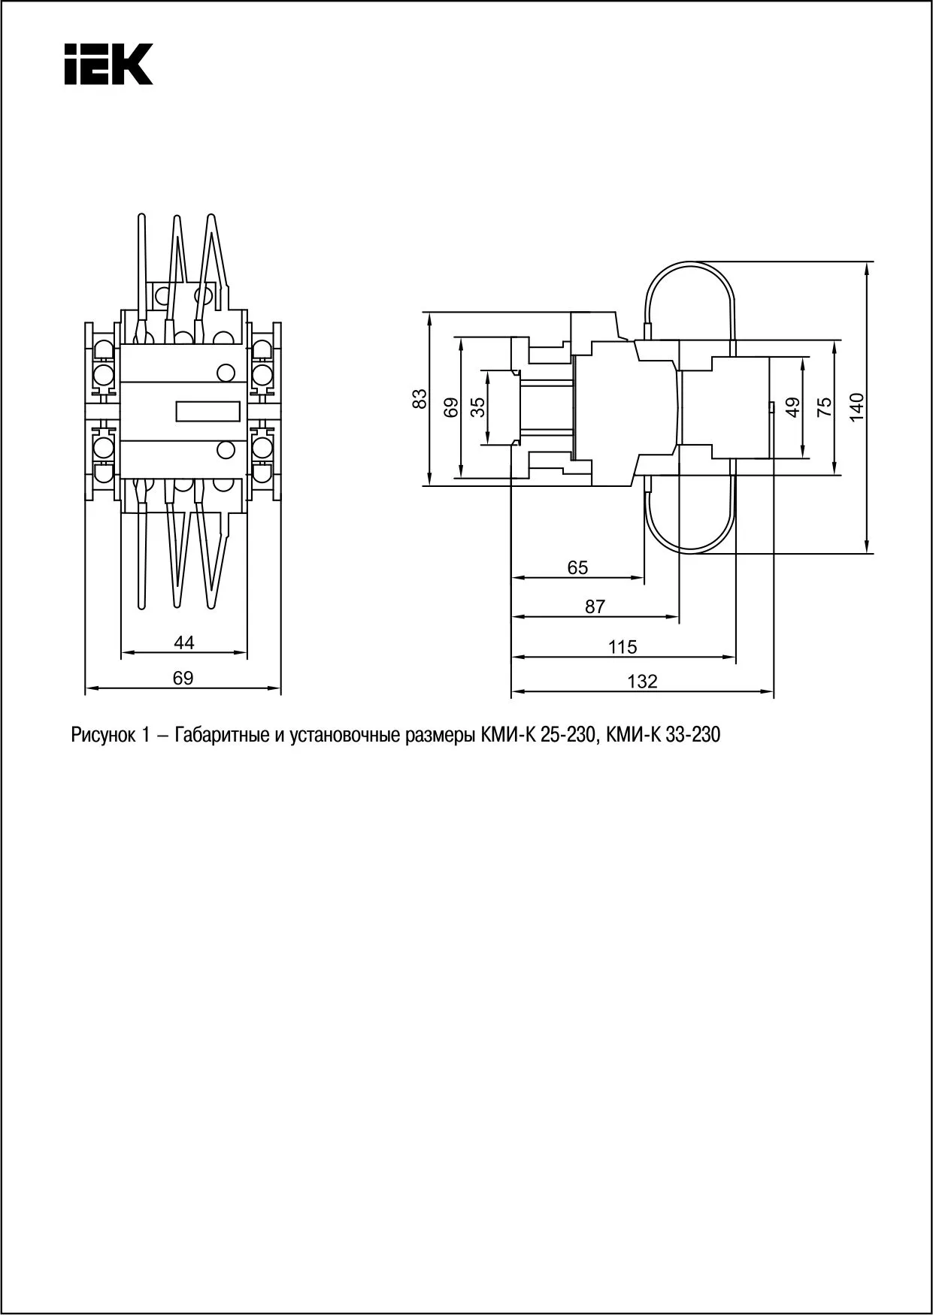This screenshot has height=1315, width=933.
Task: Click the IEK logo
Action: [x=108, y=64]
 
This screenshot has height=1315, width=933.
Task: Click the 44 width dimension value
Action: [x=184, y=642]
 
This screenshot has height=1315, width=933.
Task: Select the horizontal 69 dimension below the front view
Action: [x=183, y=678]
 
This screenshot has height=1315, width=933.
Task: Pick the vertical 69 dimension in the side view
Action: [x=451, y=407]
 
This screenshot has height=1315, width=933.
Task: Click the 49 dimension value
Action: [x=792, y=407]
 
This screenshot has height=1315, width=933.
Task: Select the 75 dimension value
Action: [x=825, y=407]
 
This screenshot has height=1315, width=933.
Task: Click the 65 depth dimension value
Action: [x=577, y=568]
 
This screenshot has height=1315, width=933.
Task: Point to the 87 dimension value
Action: [x=595, y=606]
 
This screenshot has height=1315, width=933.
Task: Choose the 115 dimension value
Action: [x=623, y=647]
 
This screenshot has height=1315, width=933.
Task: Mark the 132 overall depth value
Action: [x=642, y=682]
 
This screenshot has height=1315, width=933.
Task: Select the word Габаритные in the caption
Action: [x=220, y=735]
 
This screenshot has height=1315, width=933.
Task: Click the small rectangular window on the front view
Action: [x=208, y=411]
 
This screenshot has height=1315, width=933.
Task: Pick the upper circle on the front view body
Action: [x=225, y=372]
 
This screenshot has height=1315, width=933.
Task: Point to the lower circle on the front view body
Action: [x=225, y=450]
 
